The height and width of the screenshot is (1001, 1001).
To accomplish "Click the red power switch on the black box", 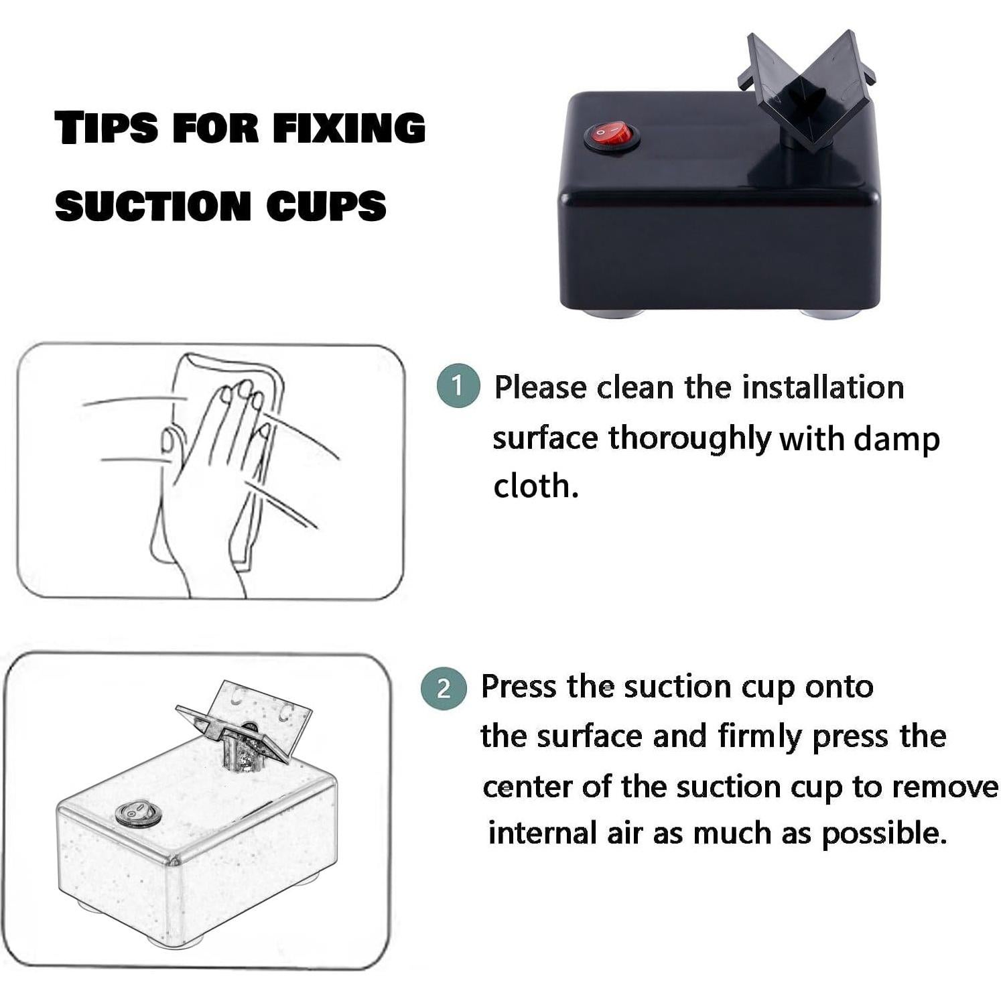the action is pos(611,136).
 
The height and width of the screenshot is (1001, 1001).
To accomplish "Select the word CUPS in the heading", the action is pos(326,205).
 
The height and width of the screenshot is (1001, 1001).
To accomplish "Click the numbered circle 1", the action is pos(458,386).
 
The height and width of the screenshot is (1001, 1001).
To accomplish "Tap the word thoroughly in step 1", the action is pos(690,440).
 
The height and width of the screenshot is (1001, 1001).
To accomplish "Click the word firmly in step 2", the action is pos(760,737).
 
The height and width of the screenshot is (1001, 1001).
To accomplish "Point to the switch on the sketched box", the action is pos(137,813).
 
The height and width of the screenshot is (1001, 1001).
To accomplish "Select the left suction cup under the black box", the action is pos(611,313).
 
